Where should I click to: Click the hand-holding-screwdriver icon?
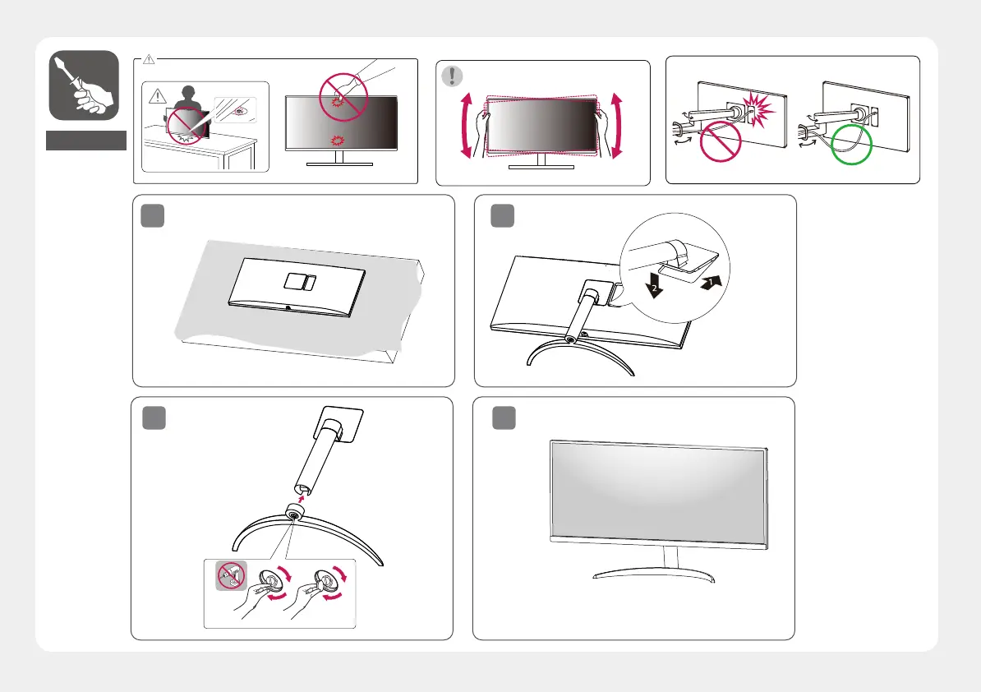tap(83, 86)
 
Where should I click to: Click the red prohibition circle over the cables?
tap(721, 145)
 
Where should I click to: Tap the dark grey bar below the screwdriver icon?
tap(86, 141)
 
